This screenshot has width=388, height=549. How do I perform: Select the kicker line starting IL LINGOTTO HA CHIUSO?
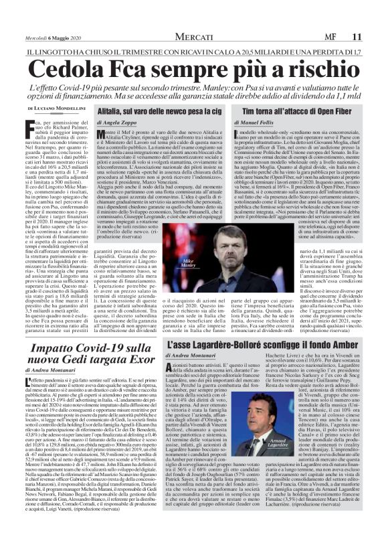click(x=194, y=50)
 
